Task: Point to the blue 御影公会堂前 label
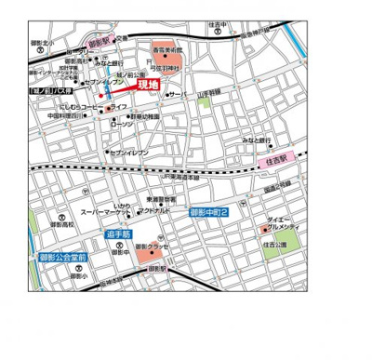[62, 257]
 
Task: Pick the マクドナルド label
[152, 211]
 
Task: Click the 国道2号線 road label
[279, 189]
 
